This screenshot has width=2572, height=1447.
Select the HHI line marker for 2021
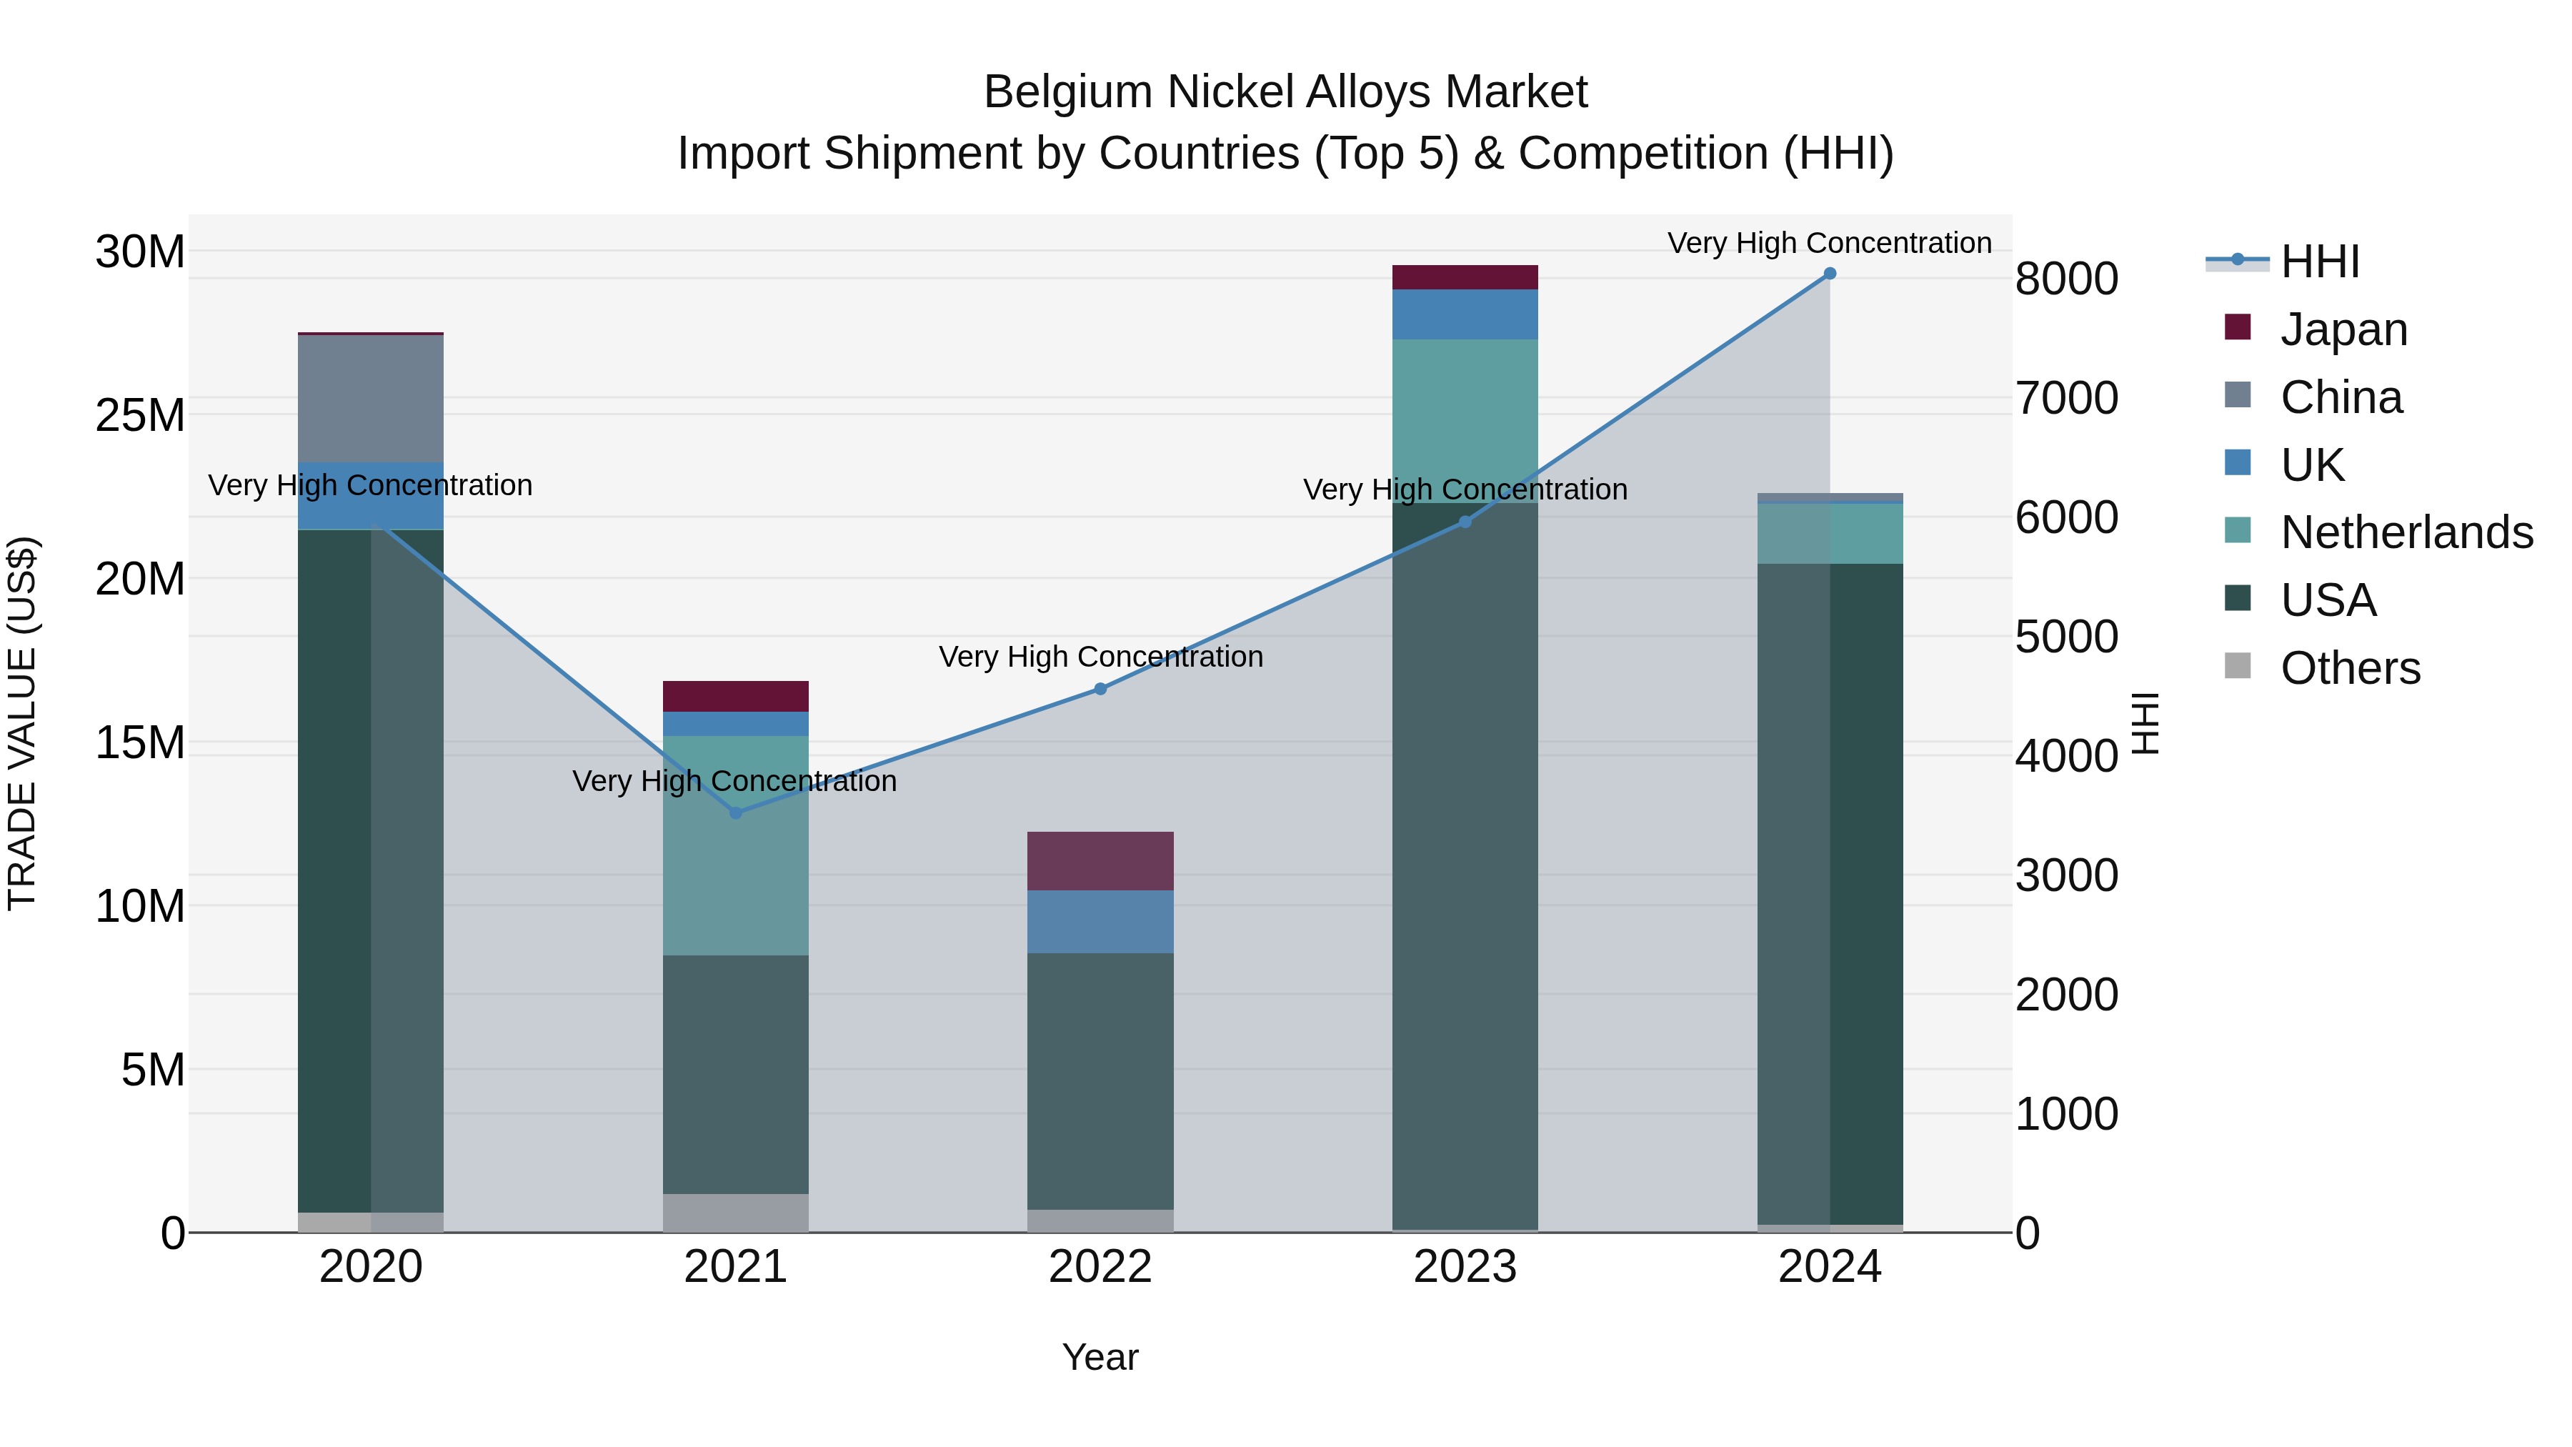[x=736, y=813]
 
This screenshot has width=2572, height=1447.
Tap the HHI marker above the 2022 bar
[x=1100, y=689]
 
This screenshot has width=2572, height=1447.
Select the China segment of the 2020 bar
[x=370, y=399]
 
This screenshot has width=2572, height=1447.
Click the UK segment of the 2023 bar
[x=1465, y=314]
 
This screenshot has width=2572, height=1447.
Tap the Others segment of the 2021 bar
[x=736, y=1213]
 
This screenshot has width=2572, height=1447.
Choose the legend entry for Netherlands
[x=2406, y=532]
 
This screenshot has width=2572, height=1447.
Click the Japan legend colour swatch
[x=2238, y=327]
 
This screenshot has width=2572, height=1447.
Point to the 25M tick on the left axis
[x=140, y=415]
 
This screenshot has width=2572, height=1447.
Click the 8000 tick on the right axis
[x=2065, y=279]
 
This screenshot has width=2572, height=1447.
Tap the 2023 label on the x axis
[x=1465, y=1267]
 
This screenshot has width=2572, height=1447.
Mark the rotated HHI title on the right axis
[x=2145, y=723]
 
